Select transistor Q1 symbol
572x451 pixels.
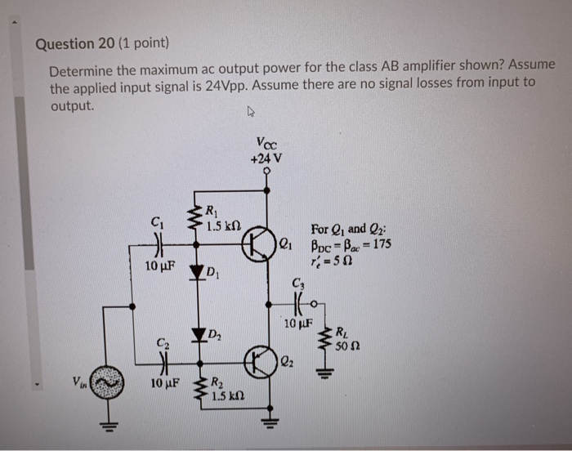tap(261, 243)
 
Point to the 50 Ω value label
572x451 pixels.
tap(353, 346)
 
